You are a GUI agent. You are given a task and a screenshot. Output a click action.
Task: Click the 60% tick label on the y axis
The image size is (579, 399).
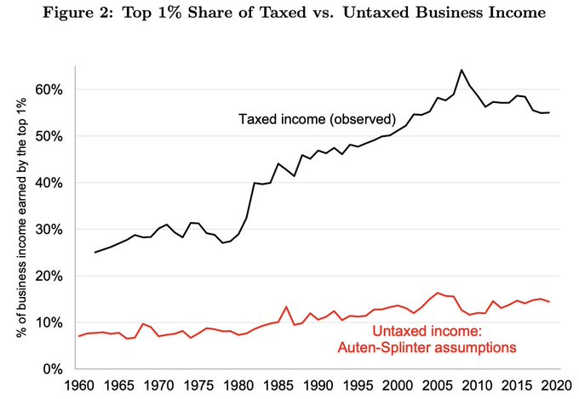(x=49, y=89)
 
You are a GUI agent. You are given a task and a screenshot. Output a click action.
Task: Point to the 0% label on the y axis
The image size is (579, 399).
(x=53, y=369)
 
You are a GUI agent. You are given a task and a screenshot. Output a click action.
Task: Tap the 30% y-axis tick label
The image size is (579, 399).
(x=49, y=230)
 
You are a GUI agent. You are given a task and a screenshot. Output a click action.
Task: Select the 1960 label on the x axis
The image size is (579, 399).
(x=79, y=385)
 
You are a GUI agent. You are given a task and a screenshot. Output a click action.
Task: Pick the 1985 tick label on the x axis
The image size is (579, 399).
(x=278, y=385)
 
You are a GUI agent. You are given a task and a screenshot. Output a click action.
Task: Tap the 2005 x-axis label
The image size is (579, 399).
(x=438, y=385)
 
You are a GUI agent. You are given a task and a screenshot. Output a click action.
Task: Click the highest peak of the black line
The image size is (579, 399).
(x=461, y=70)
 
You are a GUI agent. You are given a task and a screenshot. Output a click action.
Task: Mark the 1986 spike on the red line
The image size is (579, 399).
(x=286, y=307)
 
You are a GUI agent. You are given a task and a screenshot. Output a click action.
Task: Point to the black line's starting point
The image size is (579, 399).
(x=95, y=253)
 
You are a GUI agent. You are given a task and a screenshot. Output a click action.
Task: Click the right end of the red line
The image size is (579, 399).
(x=549, y=302)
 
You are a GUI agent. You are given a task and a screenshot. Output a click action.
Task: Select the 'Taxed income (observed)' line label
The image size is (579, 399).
(x=317, y=119)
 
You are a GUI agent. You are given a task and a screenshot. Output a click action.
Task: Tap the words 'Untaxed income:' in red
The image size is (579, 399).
(x=427, y=331)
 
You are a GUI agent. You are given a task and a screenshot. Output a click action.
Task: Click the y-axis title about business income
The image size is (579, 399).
(x=22, y=218)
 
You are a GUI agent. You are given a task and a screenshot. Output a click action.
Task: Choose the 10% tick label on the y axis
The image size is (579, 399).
(x=49, y=322)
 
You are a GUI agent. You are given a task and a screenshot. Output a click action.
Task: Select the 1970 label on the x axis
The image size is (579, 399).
(x=158, y=385)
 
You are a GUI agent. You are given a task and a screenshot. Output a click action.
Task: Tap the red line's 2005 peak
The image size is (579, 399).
(x=438, y=293)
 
